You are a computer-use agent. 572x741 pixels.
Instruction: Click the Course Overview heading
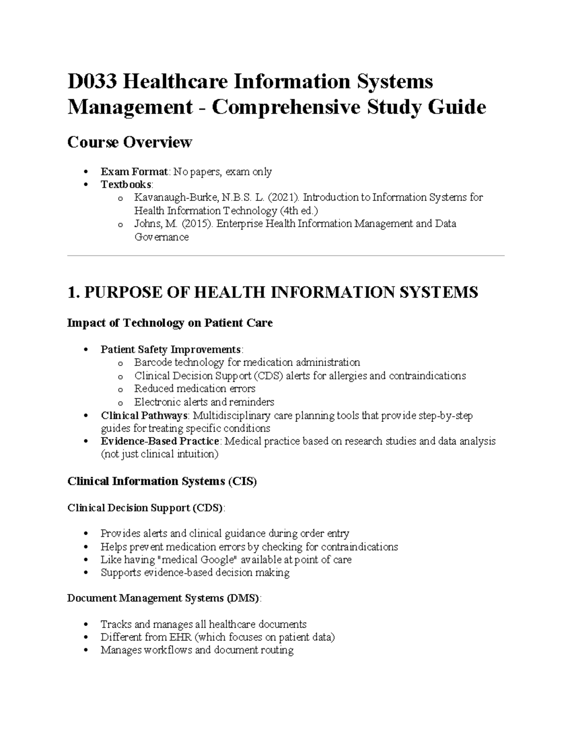click(x=130, y=142)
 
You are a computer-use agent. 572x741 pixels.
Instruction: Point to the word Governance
click(x=161, y=237)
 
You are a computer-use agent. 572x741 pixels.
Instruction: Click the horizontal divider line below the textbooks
click(x=286, y=256)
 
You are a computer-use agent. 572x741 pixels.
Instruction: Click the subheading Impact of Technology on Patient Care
click(x=170, y=323)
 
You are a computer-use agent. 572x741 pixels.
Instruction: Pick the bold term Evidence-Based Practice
click(x=160, y=441)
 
